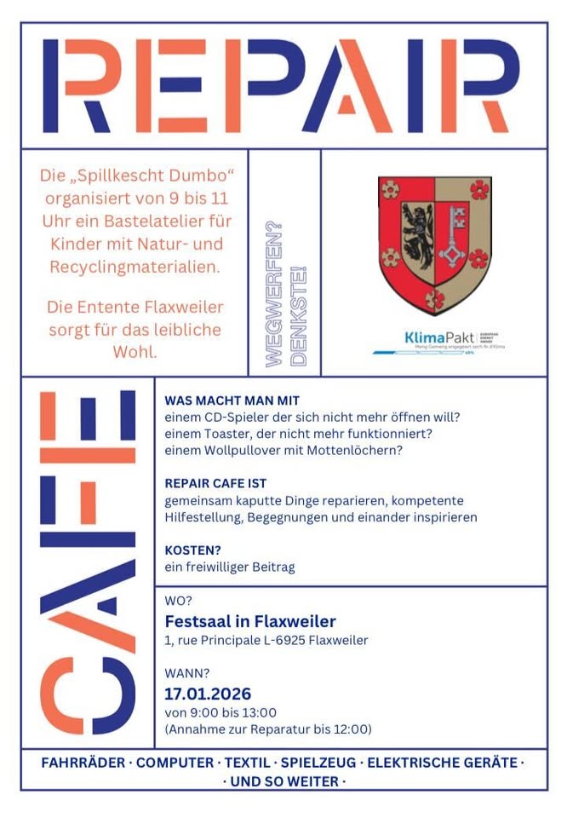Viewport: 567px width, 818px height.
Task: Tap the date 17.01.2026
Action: (x=208, y=694)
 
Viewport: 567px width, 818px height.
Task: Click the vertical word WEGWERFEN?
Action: (x=274, y=294)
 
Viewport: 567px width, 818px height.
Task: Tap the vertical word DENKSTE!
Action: (x=298, y=316)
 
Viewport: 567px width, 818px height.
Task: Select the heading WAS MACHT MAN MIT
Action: (x=232, y=400)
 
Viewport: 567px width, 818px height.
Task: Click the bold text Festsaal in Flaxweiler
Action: (x=249, y=621)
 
